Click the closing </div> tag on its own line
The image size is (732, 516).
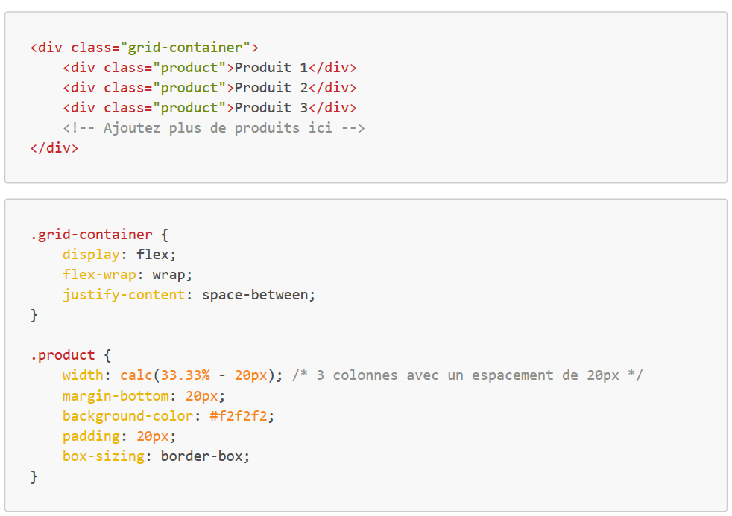click(x=54, y=148)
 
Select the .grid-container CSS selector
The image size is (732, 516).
click(x=91, y=235)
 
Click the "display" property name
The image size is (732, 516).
click(x=91, y=255)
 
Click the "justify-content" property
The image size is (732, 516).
click(x=123, y=295)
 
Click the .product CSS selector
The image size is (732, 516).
click(x=63, y=355)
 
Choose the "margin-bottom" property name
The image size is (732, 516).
click(x=116, y=395)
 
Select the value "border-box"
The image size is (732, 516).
click(x=201, y=456)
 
